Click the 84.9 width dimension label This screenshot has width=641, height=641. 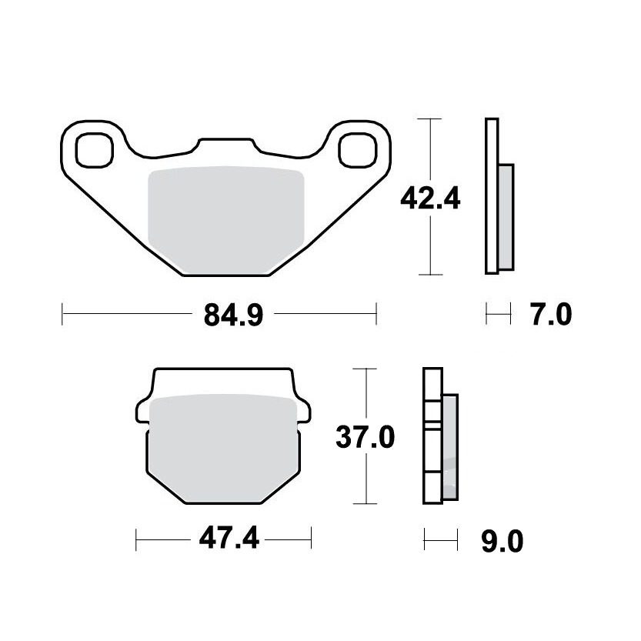(233, 315)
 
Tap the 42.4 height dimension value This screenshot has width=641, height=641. (430, 199)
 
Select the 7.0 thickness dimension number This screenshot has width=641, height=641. (551, 315)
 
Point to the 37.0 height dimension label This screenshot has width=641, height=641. (365, 436)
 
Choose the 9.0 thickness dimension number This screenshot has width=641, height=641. (502, 541)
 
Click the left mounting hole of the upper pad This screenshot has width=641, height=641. (95, 150)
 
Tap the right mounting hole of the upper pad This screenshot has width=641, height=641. (357, 150)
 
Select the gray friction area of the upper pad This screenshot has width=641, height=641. (226, 219)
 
